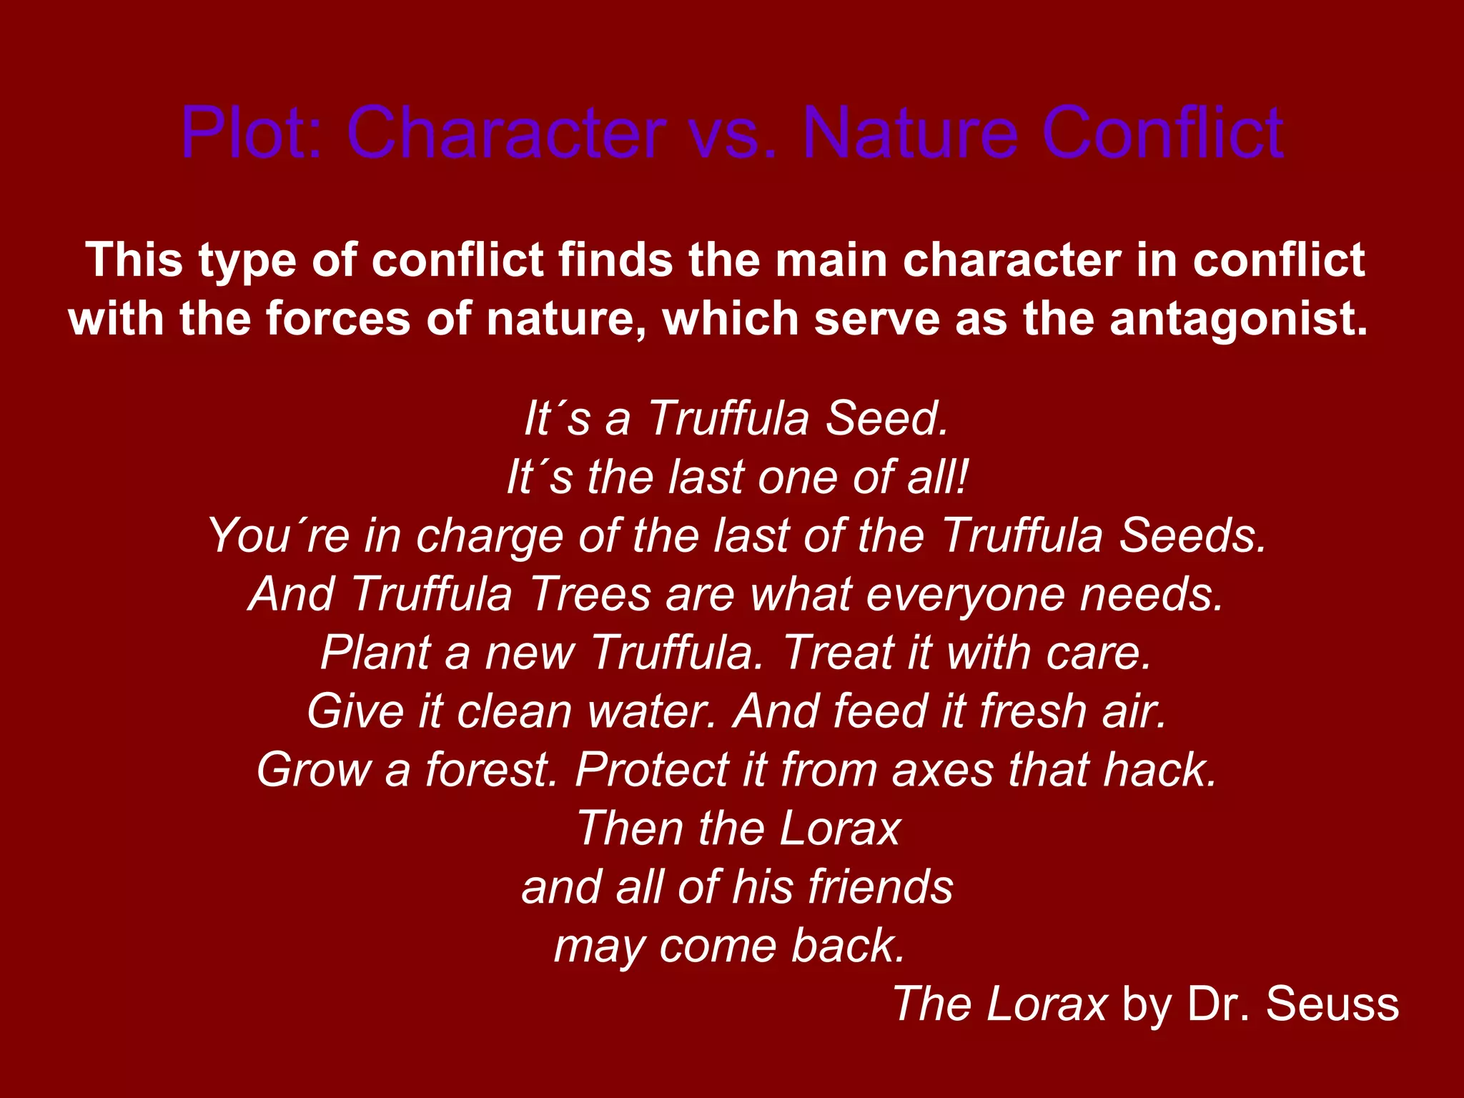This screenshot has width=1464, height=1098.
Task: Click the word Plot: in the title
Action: [x=254, y=133]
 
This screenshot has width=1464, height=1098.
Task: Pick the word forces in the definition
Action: [x=338, y=319]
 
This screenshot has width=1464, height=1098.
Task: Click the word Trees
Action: [x=590, y=595]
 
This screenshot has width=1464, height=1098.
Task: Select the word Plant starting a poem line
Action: [x=375, y=653]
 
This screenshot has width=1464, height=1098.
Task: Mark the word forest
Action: [x=492, y=771]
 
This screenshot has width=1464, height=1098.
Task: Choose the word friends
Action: [x=880, y=888]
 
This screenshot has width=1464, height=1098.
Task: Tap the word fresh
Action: [x=1033, y=712]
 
